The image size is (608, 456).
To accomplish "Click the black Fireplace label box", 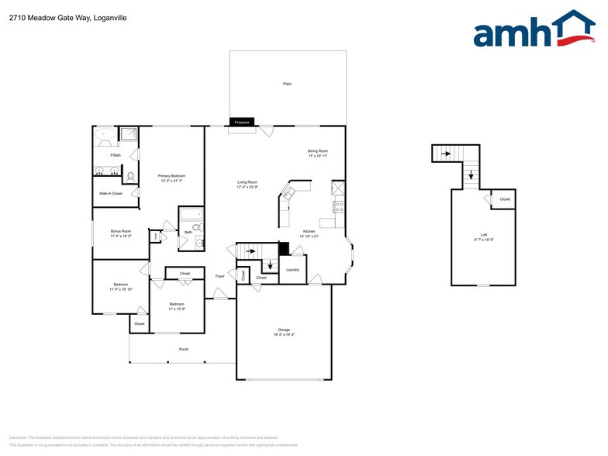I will click(242, 123).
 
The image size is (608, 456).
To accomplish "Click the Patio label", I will click(287, 83).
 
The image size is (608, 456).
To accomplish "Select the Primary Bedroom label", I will click(171, 177).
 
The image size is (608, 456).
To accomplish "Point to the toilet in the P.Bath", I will click(131, 176).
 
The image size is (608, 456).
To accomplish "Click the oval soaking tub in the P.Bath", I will click(105, 136).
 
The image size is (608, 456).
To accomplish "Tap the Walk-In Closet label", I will click(111, 193).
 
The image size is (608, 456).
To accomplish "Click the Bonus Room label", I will click(120, 232).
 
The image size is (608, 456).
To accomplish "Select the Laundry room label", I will click(292, 269).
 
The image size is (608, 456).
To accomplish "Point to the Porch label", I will click(184, 349).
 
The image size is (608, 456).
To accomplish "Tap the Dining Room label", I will click(318, 152).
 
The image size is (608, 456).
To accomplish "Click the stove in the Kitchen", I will click(338, 207).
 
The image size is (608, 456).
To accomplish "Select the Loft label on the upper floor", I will click(484, 235).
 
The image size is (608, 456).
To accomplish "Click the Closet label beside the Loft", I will click(505, 199).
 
